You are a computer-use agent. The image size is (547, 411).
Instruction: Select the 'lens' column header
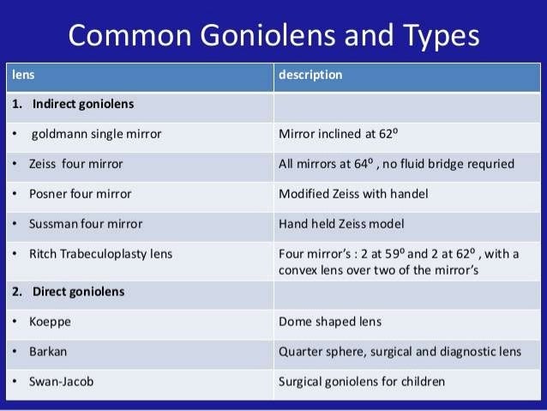pos(22,75)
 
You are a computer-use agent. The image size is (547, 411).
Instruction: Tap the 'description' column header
pos(310,75)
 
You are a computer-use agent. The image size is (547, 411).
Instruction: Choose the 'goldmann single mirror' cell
pos(96,134)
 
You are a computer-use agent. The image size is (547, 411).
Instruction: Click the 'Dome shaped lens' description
pos(330,322)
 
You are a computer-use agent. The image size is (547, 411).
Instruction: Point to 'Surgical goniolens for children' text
pos(362,382)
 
